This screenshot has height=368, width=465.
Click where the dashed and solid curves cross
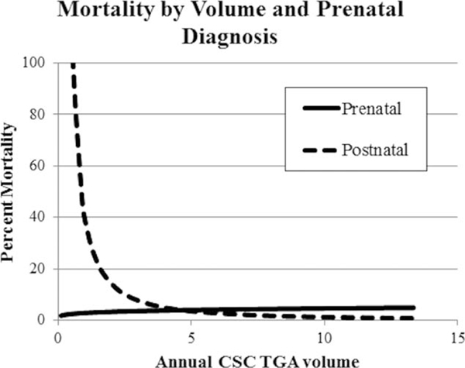click(183, 311)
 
